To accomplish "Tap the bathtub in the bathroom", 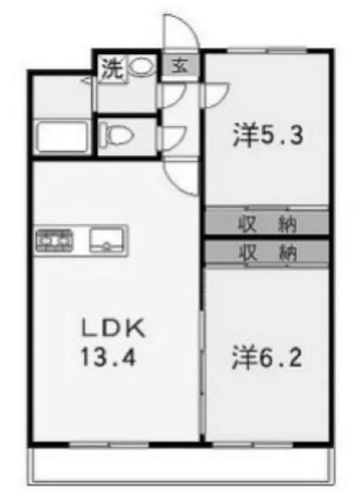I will (62, 137).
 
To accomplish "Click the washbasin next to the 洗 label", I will (141, 68).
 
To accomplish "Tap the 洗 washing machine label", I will (111, 68).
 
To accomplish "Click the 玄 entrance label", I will (180, 67).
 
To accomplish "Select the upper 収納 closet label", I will (267, 222).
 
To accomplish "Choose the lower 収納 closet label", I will (267, 252).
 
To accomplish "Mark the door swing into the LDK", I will (182, 176).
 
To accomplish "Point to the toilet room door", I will (171, 136).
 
